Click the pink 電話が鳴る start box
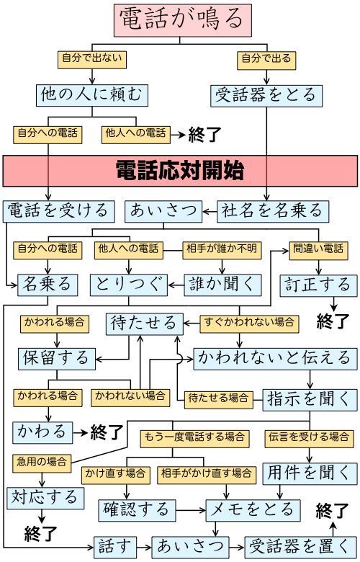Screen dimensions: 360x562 (183, 20)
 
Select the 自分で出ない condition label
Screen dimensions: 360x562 (92, 60)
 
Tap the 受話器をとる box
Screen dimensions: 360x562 (266, 96)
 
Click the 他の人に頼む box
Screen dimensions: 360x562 (92, 95)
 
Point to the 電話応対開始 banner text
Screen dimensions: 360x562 (180, 171)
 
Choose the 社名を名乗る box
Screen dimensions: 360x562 (273, 211)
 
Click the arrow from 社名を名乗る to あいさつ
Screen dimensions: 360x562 (210, 211)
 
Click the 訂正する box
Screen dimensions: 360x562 (318, 285)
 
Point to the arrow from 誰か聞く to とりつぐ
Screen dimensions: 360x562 (176, 285)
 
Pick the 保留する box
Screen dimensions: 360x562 (57, 358)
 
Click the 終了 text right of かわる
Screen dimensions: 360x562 (107, 432)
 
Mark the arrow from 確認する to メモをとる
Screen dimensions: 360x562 (191, 510)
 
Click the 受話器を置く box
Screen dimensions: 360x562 (300, 548)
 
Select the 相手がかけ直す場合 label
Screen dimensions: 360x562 (207, 475)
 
